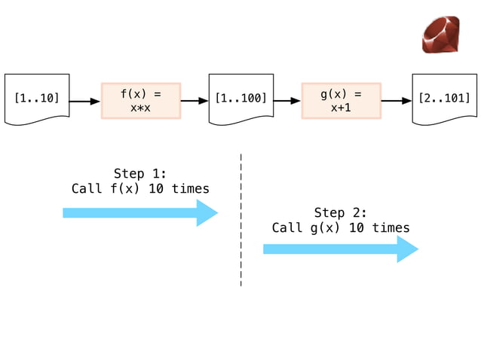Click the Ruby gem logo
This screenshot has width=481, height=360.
[x=441, y=35]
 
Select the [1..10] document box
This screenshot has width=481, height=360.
[x=37, y=99]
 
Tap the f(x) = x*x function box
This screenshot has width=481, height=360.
[x=141, y=100]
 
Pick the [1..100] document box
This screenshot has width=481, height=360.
[x=241, y=99]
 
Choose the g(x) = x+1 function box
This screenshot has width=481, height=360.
[x=342, y=100]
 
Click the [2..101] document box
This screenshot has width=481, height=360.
[x=445, y=99]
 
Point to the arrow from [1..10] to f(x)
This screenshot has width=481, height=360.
[x=85, y=101]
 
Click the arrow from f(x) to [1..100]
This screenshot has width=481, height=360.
[x=195, y=101]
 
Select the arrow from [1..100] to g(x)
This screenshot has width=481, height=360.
[x=287, y=101]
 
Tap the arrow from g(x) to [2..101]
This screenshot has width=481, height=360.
[x=397, y=101]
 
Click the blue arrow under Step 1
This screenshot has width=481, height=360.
[x=140, y=213]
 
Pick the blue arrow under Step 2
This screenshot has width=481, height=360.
[x=341, y=249]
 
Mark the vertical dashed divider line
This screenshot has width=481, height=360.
[x=241, y=220]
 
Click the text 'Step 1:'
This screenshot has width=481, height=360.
[x=140, y=174]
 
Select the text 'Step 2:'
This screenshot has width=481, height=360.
[x=341, y=212]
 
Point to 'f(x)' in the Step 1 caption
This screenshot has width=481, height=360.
[x=125, y=189]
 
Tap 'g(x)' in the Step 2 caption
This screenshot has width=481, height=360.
[x=325, y=228]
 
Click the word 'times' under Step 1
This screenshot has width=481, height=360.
[x=191, y=189]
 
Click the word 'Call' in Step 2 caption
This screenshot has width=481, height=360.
[x=287, y=227]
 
